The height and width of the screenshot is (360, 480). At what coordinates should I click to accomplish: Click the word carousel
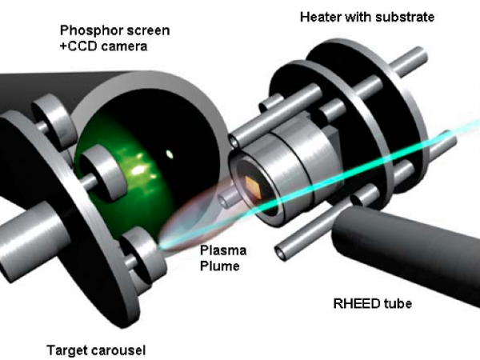point(119,350)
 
